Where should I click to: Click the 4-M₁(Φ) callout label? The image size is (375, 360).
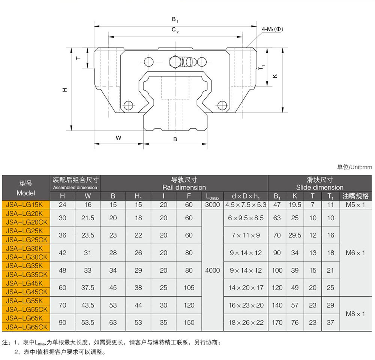click(x=272, y=29)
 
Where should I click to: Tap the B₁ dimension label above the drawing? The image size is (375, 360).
click(x=175, y=19)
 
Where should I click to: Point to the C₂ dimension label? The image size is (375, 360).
click(x=175, y=30)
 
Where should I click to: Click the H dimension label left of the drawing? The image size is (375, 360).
click(x=64, y=90)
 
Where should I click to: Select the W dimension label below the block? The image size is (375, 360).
click(x=118, y=138)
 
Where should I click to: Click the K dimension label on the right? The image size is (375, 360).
click(x=275, y=76)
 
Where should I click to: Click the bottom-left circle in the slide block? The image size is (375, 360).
click(x=128, y=105)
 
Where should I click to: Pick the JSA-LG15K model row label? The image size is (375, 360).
click(x=24, y=205)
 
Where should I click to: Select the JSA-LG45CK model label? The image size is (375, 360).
click(x=27, y=292)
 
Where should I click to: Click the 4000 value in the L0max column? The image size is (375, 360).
click(x=212, y=270)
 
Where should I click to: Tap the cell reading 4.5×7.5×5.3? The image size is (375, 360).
click(x=246, y=205)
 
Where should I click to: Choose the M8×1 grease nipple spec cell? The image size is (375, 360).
click(x=355, y=314)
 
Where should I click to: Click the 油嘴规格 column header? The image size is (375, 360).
click(x=355, y=196)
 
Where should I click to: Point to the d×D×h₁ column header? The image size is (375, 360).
click(x=246, y=196)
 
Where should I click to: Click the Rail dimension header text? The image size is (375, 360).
click(x=184, y=187)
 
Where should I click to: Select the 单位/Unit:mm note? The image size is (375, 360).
click(x=354, y=167)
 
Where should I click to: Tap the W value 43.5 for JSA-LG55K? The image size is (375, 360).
click(x=88, y=305)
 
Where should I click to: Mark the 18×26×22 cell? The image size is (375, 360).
click(x=246, y=323)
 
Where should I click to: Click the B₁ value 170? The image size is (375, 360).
click(x=277, y=323)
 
